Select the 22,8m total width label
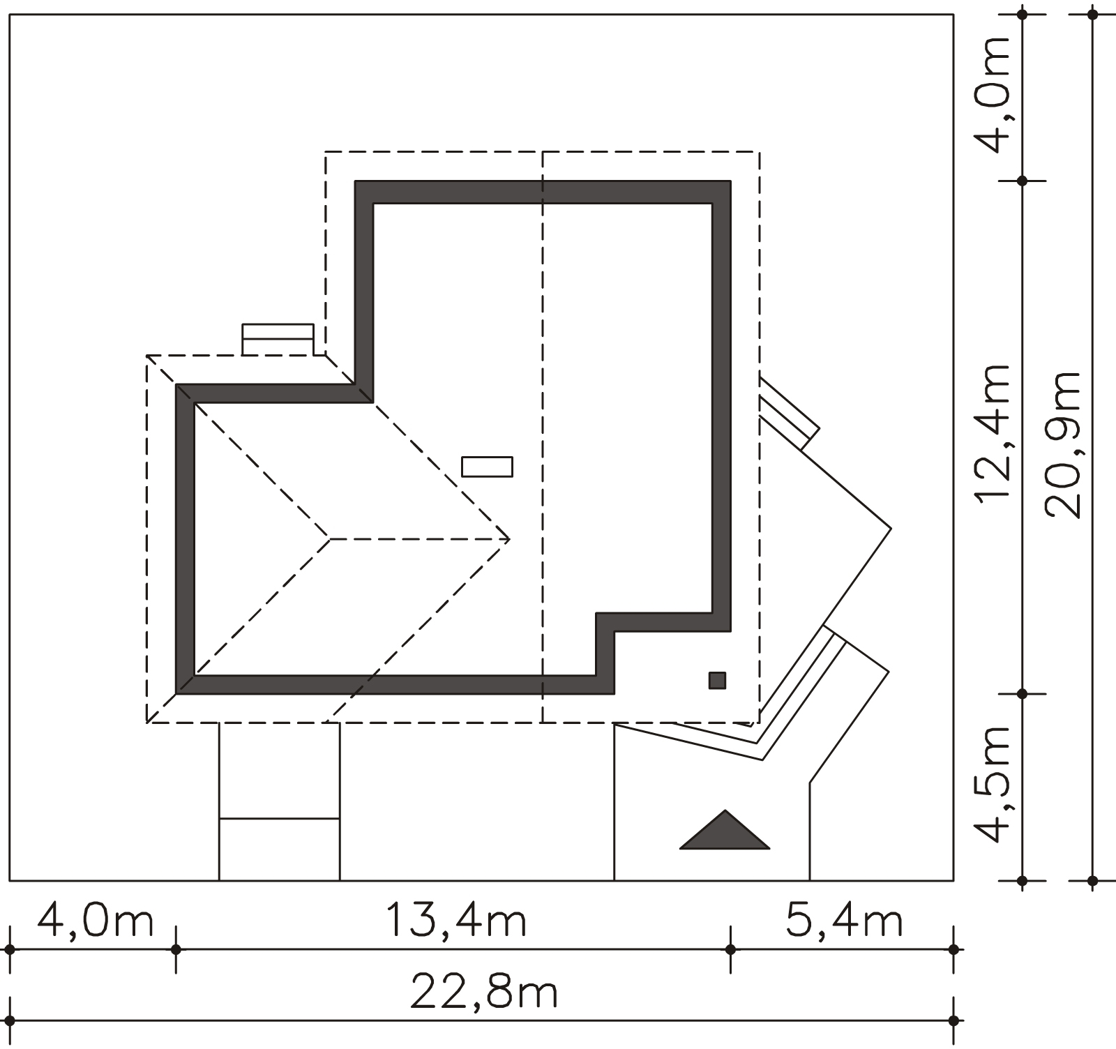484,991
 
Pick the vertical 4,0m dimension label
991,94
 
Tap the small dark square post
717,680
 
